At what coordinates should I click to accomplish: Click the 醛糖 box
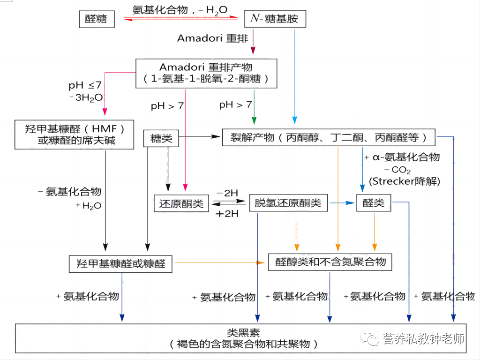pos(96,19)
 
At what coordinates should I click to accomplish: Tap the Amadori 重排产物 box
pos(206,73)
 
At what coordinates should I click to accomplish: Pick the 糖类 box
pos(161,138)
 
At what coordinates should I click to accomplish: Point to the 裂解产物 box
pos(329,137)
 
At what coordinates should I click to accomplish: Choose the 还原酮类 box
pos(181,203)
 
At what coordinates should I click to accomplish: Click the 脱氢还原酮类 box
pos(288,203)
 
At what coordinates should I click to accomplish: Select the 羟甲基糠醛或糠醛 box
pos(120,263)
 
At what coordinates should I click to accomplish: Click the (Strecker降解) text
pos(405,180)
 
